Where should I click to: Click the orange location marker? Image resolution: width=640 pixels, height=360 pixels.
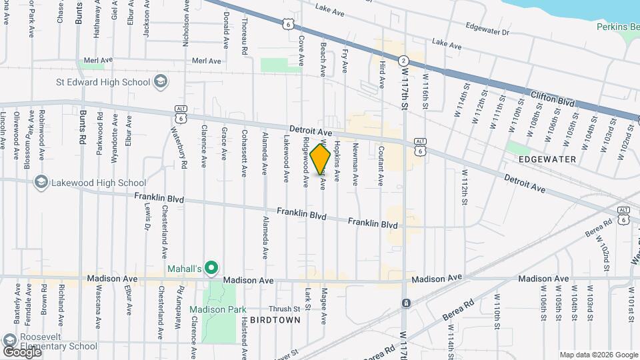[x=321, y=160]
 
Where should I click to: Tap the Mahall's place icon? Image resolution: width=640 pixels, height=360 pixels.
[x=211, y=269]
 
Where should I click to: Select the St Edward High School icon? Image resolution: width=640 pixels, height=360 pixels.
[x=160, y=81]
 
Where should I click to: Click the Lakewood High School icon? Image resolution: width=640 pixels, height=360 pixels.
[x=41, y=183]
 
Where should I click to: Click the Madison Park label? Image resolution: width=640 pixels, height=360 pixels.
[x=217, y=309]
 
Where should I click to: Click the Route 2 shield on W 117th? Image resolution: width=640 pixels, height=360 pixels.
[x=403, y=61]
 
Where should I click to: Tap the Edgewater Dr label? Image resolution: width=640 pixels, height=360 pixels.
[x=488, y=31]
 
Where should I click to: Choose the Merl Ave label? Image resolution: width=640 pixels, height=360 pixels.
[x=206, y=61]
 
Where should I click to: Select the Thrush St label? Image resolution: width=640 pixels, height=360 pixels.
[x=284, y=309]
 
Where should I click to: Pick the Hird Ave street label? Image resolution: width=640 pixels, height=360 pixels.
[x=382, y=73]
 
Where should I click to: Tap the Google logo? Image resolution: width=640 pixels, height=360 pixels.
[x=22, y=351]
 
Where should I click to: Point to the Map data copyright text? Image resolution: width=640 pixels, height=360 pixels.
[x=597, y=355]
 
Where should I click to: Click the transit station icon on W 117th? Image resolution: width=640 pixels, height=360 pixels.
[x=405, y=303]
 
